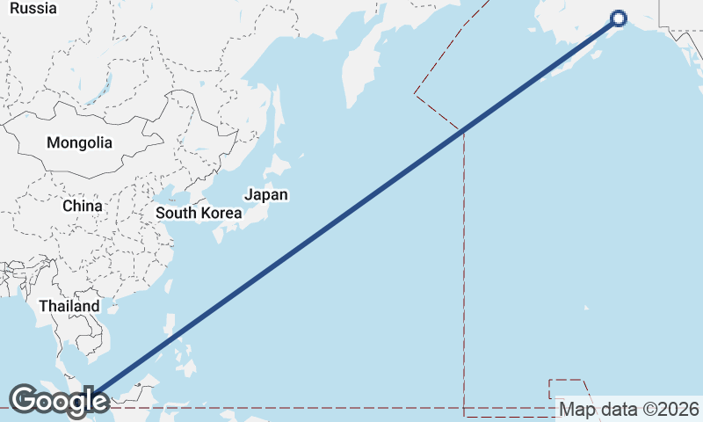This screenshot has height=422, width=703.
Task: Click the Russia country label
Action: point(33,8)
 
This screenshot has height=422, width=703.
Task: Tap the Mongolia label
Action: point(79,142)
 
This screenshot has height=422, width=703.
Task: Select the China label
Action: point(83,206)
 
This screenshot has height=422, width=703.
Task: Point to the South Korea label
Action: point(199,213)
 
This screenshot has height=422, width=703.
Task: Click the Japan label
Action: point(265,195)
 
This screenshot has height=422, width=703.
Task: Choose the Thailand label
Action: point(69,306)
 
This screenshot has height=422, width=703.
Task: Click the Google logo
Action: point(59,401)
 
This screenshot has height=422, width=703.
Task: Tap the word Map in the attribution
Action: point(577,409)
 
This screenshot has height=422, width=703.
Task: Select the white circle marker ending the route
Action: point(618,18)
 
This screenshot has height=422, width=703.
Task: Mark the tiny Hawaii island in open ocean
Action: point(587,308)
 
